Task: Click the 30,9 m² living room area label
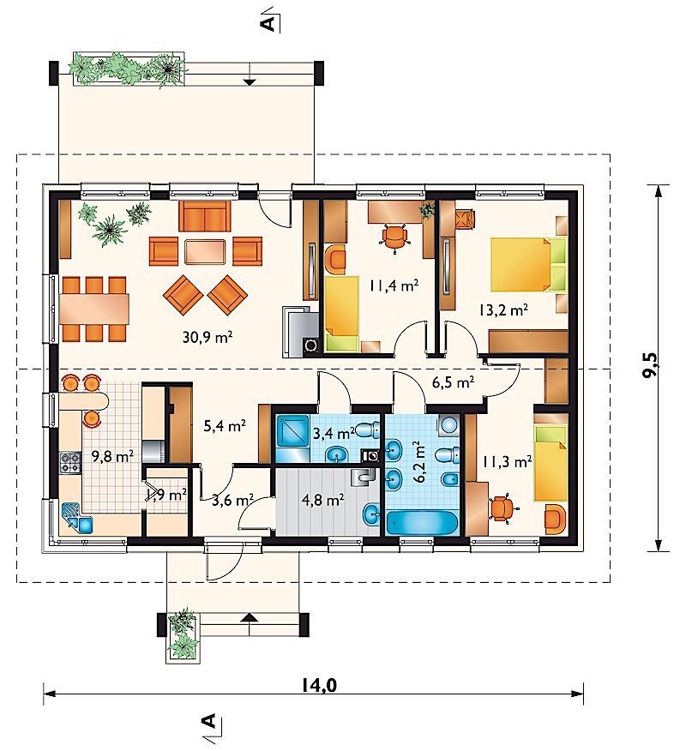[208, 337]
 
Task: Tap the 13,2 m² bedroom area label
[503, 309]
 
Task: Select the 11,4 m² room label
[394, 285]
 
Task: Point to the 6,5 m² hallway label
[453, 382]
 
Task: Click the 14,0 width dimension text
[319, 685]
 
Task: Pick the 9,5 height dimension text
[651, 365]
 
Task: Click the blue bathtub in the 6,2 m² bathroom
[422, 522]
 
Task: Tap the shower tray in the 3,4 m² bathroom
[292, 431]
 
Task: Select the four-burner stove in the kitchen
[70, 463]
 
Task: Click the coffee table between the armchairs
[205, 251]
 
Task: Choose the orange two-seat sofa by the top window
[205, 216]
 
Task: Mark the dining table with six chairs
[94, 309]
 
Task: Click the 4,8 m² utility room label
[323, 501]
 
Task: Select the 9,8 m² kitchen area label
[112, 455]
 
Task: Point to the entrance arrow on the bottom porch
[248, 617]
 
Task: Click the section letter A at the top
[269, 22]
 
